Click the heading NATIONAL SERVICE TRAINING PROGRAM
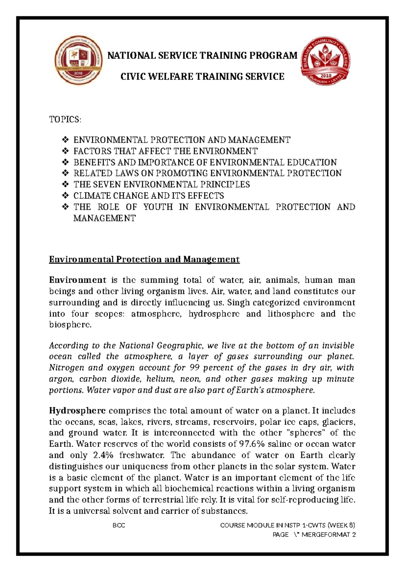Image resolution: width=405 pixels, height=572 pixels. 202,55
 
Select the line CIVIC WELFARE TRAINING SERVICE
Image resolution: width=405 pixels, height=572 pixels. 202,77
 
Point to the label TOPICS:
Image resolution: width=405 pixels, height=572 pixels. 65,120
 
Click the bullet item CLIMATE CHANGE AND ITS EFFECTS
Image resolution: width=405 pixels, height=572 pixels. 148,196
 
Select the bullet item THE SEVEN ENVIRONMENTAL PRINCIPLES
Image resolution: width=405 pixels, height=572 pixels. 161,184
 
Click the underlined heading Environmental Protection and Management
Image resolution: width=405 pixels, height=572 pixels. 144,259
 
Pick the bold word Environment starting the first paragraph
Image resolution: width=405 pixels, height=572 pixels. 78,280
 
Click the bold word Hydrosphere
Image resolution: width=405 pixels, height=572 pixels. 77,411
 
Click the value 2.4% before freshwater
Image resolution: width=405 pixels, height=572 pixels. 103,455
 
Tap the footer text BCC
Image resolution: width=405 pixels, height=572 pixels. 118,525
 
